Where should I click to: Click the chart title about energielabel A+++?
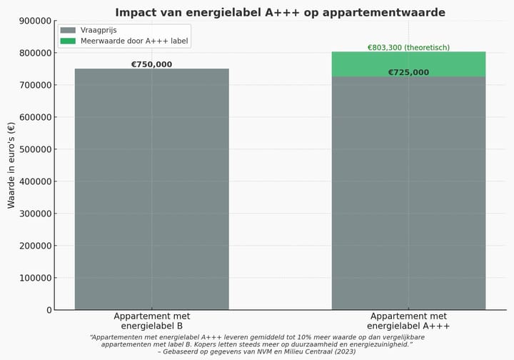pos(280,12)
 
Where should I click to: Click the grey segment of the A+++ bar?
pos(408,193)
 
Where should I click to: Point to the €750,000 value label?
pos(151,64)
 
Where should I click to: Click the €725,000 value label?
pos(408,72)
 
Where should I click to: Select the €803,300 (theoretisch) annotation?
pos(408,48)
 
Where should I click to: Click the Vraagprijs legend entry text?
pos(98,30)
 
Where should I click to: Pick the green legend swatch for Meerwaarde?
pos(68,41)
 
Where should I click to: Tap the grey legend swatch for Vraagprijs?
pos(68,30)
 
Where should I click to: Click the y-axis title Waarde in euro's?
pos(11,165)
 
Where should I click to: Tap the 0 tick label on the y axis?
pos(49,310)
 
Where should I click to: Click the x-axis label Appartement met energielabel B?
pos(151,321)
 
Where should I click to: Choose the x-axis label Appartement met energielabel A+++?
pos(408,321)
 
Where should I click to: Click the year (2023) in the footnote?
pos(343,351)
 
